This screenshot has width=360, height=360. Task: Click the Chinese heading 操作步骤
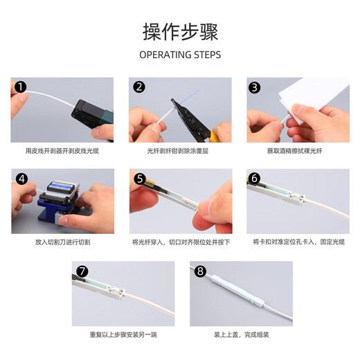tap(180, 32)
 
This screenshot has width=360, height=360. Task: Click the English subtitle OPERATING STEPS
tap(180, 55)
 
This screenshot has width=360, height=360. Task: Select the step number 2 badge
tap(139, 87)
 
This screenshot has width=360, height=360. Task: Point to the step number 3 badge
tap(255, 87)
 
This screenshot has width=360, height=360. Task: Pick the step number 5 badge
tap(139, 179)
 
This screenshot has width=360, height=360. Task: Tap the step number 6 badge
tap(255, 179)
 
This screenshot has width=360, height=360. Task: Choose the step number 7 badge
tap(82, 271)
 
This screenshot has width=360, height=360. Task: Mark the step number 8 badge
tap(200, 271)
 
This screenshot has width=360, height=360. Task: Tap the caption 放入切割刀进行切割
tap(62, 242)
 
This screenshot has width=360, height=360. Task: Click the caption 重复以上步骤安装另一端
tap(123, 334)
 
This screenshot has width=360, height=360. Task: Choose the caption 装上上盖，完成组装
tap(240, 334)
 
